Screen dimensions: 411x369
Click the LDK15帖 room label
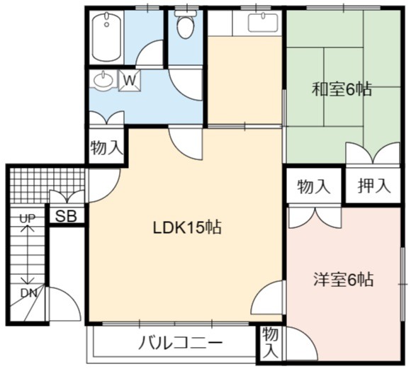(187, 227)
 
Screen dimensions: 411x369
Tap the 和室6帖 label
(342, 89)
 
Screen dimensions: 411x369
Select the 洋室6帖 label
(344, 280)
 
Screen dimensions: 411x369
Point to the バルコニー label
(181, 343)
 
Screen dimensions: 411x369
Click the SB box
(67, 216)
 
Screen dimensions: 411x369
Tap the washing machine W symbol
(130, 81)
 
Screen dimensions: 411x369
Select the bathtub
(106, 36)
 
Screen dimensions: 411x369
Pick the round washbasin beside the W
(103, 81)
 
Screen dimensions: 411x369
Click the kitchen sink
(263, 23)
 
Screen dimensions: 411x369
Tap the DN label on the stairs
(28, 293)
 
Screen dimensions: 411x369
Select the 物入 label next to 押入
(313, 186)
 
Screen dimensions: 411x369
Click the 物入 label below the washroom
(106, 147)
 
